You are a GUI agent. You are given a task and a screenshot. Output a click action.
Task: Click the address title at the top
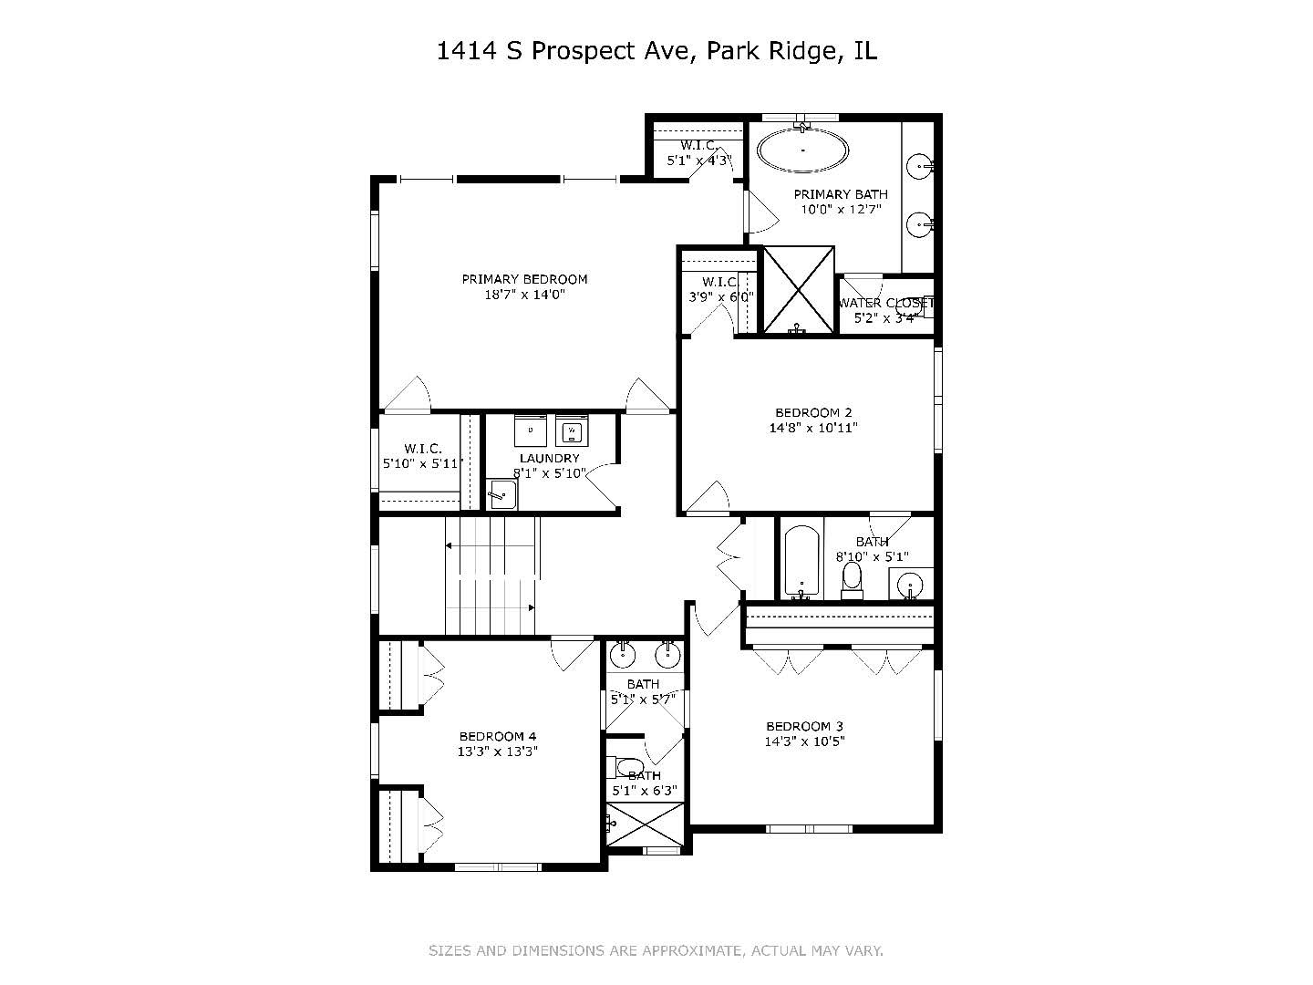click(656, 51)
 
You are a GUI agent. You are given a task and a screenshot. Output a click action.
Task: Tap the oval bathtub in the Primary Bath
click(802, 149)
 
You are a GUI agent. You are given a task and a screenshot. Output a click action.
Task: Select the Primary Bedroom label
click(524, 279)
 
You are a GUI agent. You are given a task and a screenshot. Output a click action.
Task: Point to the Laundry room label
click(549, 458)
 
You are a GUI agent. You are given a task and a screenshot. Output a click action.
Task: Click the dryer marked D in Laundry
click(530, 429)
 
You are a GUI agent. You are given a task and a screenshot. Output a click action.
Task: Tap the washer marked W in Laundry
click(573, 429)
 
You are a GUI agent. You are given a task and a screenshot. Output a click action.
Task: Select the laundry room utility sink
click(502, 494)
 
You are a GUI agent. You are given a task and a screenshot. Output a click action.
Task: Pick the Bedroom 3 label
click(804, 726)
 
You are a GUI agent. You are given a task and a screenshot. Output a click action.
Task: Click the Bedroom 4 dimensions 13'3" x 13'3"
click(498, 752)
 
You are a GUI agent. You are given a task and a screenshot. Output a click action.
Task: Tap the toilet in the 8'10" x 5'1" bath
click(852, 579)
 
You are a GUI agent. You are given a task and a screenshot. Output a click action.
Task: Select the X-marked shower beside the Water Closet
click(798, 289)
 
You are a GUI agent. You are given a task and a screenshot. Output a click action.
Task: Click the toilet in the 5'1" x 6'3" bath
click(627, 765)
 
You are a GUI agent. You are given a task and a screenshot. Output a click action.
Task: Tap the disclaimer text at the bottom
click(656, 950)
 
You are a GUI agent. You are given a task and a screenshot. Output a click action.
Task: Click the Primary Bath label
click(840, 194)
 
